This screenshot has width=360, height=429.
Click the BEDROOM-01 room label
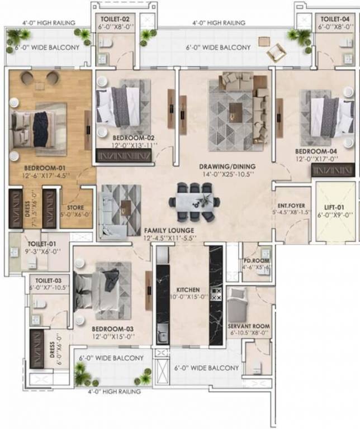(46, 167)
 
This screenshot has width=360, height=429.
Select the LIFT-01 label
(332, 207)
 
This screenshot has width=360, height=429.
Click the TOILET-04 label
(334, 18)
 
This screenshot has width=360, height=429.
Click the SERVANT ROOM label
(248, 326)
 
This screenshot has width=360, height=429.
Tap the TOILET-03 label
(48, 280)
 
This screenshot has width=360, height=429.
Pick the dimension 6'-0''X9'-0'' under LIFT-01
(332, 214)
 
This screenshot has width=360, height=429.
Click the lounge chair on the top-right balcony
(276, 52)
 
